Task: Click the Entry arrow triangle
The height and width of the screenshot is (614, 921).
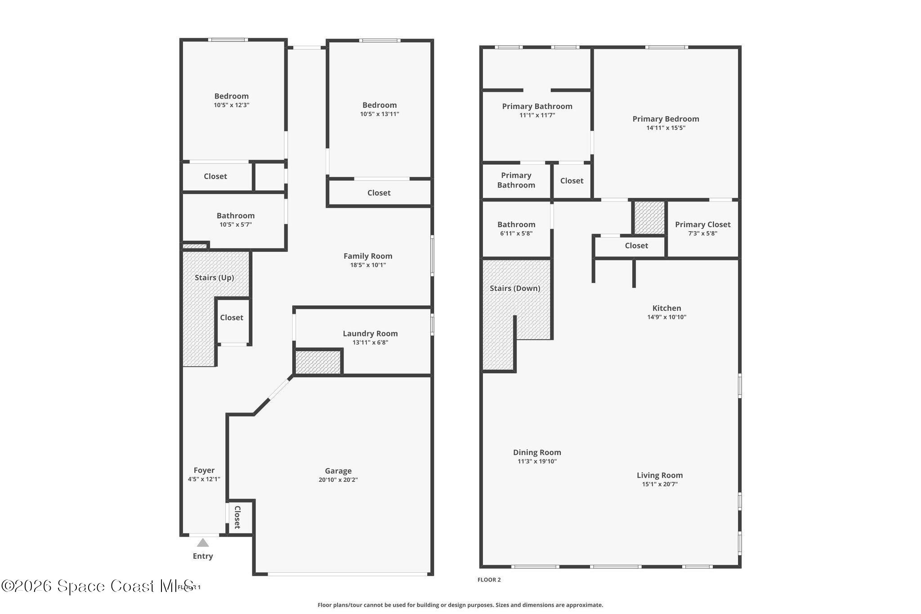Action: click(203, 542)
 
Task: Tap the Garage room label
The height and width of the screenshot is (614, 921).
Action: click(338, 471)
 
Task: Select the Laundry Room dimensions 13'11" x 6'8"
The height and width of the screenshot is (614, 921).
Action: click(370, 343)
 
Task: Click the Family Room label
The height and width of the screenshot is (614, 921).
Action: click(368, 256)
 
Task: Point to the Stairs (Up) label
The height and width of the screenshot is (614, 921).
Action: click(214, 278)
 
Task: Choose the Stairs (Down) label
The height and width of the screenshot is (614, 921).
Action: click(515, 288)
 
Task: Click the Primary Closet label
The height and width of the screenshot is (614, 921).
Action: click(702, 224)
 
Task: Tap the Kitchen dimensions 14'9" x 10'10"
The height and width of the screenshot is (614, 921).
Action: click(666, 317)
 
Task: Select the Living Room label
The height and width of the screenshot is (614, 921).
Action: click(660, 475)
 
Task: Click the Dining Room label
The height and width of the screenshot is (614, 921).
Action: click(537, 453)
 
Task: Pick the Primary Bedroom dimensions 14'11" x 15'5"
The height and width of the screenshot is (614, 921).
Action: click(666, 128)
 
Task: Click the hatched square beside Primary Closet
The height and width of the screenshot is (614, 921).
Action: click(649, 217)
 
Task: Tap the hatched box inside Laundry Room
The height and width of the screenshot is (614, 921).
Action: click(318, 362)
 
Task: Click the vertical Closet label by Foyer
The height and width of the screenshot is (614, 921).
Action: click(237, 517)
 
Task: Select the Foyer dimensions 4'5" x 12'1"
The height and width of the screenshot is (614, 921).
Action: click(204, 480)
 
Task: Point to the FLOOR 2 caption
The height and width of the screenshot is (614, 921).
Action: click(489, 580)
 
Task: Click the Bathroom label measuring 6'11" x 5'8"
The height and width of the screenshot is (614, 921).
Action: click(516, 224)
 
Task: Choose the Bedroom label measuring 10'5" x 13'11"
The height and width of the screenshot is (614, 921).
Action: click(380, 105)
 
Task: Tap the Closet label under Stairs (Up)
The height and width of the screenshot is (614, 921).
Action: click(232, 318)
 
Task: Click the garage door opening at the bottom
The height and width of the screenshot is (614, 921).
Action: click(347, 574)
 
